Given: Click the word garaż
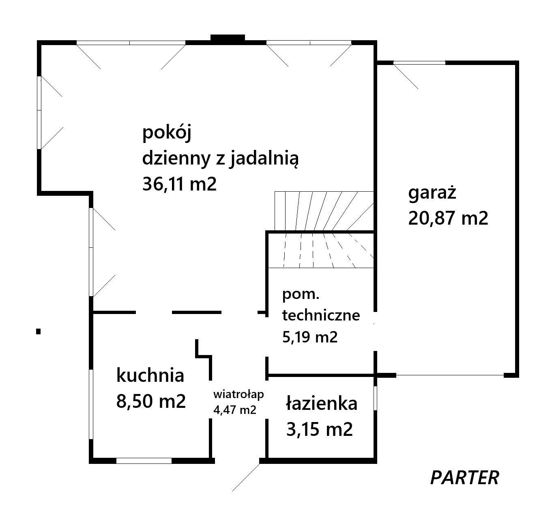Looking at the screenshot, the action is pyautogui.click(x=432, y=193).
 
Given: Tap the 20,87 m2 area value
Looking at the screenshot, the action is pyautogui.click(x=448, y=218).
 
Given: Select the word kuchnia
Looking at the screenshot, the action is pyautogui.click(x=150, y=375).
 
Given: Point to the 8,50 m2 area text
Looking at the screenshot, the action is pyautogui.click(x=151, y=401).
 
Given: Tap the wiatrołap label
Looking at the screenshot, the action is pyautogui.click(x=238, y=394).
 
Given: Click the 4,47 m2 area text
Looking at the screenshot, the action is pyautogui.click(x=235, y=410).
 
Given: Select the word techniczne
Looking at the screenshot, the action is pyautogui.click(x=321, y=316).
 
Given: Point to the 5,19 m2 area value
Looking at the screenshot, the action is pyautogui.click(x=310, y=337).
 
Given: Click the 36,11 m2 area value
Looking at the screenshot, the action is pyautogui.click(x=179, y=184).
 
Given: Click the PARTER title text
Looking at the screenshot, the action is pyautogui.click(x=464, y=478).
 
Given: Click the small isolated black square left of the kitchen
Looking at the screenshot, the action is pyautogui.click(x=39, y=331).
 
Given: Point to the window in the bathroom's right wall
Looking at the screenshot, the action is pyautogui.click(x=375, y=398).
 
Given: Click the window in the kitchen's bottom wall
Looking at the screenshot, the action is pyautogui.click(x=144, y=461).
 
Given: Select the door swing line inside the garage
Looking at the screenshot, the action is pyautogui.click(x=406, y=77).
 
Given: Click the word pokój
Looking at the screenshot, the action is pyautogui.click(x=167, y=133).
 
